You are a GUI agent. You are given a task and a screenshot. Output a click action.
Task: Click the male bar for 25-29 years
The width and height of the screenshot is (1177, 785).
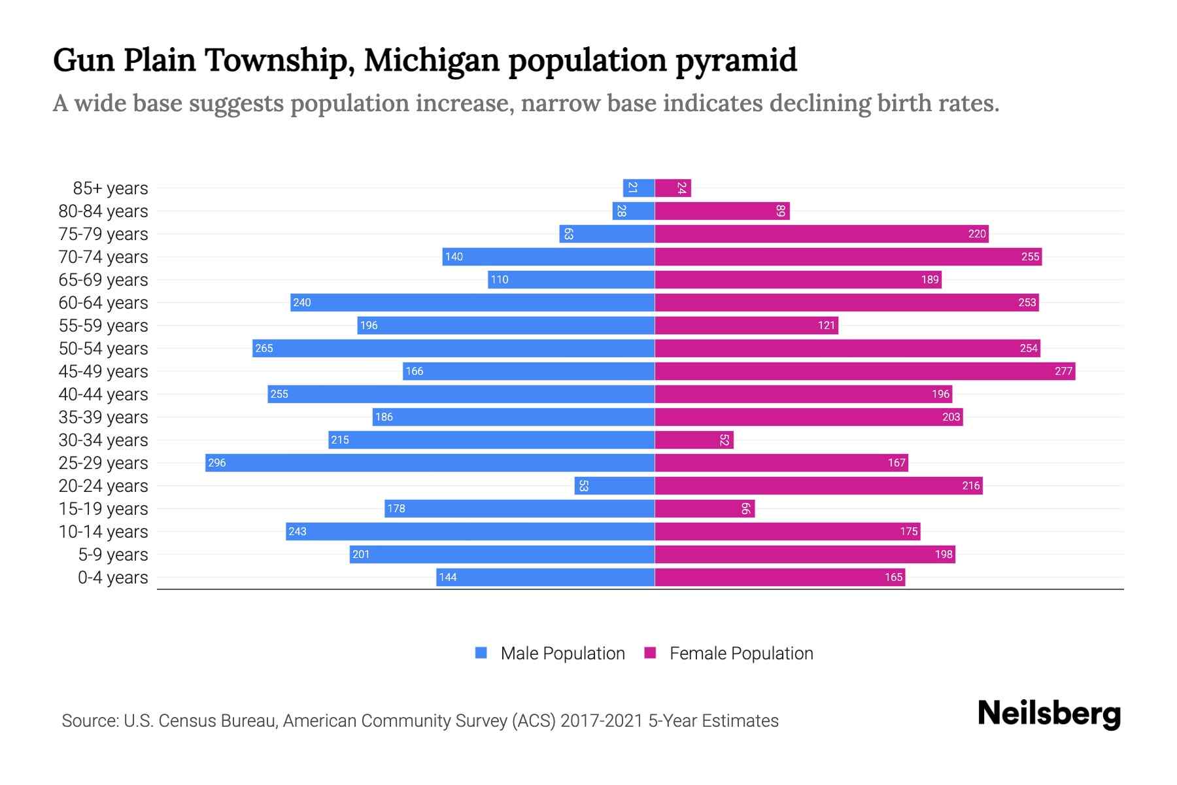click(430, 462)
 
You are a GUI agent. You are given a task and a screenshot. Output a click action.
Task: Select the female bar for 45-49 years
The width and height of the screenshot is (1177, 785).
click(864, 371)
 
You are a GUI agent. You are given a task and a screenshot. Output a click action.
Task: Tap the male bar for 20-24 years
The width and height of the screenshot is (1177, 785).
click(615, 485)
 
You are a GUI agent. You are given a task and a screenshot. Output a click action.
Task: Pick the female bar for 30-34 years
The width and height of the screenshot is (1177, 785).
click(694, 440)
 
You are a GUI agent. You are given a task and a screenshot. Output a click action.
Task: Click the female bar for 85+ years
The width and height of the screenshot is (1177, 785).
click(673, 188)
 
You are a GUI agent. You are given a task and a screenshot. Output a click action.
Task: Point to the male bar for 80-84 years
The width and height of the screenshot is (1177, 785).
click(634, 211)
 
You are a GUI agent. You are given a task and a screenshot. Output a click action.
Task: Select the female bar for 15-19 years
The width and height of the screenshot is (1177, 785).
click(704, 508)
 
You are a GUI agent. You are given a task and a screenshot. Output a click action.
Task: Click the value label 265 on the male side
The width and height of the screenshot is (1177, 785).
click(264, 348)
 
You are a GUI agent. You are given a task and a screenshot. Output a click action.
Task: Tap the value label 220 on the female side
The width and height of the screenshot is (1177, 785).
click(977, 234)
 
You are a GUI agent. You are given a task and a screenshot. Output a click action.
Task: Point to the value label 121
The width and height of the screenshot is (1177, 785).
click(827, 325)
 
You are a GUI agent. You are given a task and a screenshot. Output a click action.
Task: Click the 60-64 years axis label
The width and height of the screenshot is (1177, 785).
click(103, 303)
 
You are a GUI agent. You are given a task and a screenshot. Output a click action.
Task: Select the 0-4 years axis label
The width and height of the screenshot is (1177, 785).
click(112, 578)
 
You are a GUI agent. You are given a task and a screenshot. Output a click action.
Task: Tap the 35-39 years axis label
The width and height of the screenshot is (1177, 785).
click(103, 417)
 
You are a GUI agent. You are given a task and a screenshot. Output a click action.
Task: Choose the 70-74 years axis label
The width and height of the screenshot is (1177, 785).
click(103, 257)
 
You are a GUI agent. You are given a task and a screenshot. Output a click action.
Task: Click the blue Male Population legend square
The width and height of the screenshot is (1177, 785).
click(481, 653)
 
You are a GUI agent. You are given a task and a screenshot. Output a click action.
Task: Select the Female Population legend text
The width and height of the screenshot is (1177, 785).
click(741, 653)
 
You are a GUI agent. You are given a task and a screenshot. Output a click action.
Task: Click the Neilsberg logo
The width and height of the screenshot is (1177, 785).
click(1049, 714)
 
